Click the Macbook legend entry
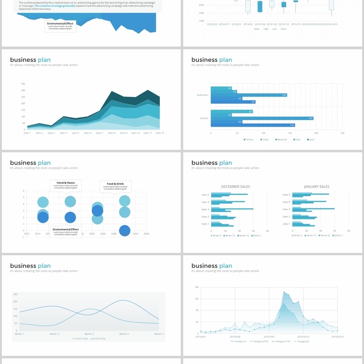282,139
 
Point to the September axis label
202,95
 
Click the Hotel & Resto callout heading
66,182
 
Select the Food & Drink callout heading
115,184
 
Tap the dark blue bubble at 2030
124,231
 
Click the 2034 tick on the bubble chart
147,234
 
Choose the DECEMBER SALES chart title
235,187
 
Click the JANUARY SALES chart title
316,187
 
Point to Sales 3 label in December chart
205,209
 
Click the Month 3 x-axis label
89,334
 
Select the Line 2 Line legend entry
98,339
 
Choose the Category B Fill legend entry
259,341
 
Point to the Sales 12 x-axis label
159,133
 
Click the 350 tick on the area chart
23,84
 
